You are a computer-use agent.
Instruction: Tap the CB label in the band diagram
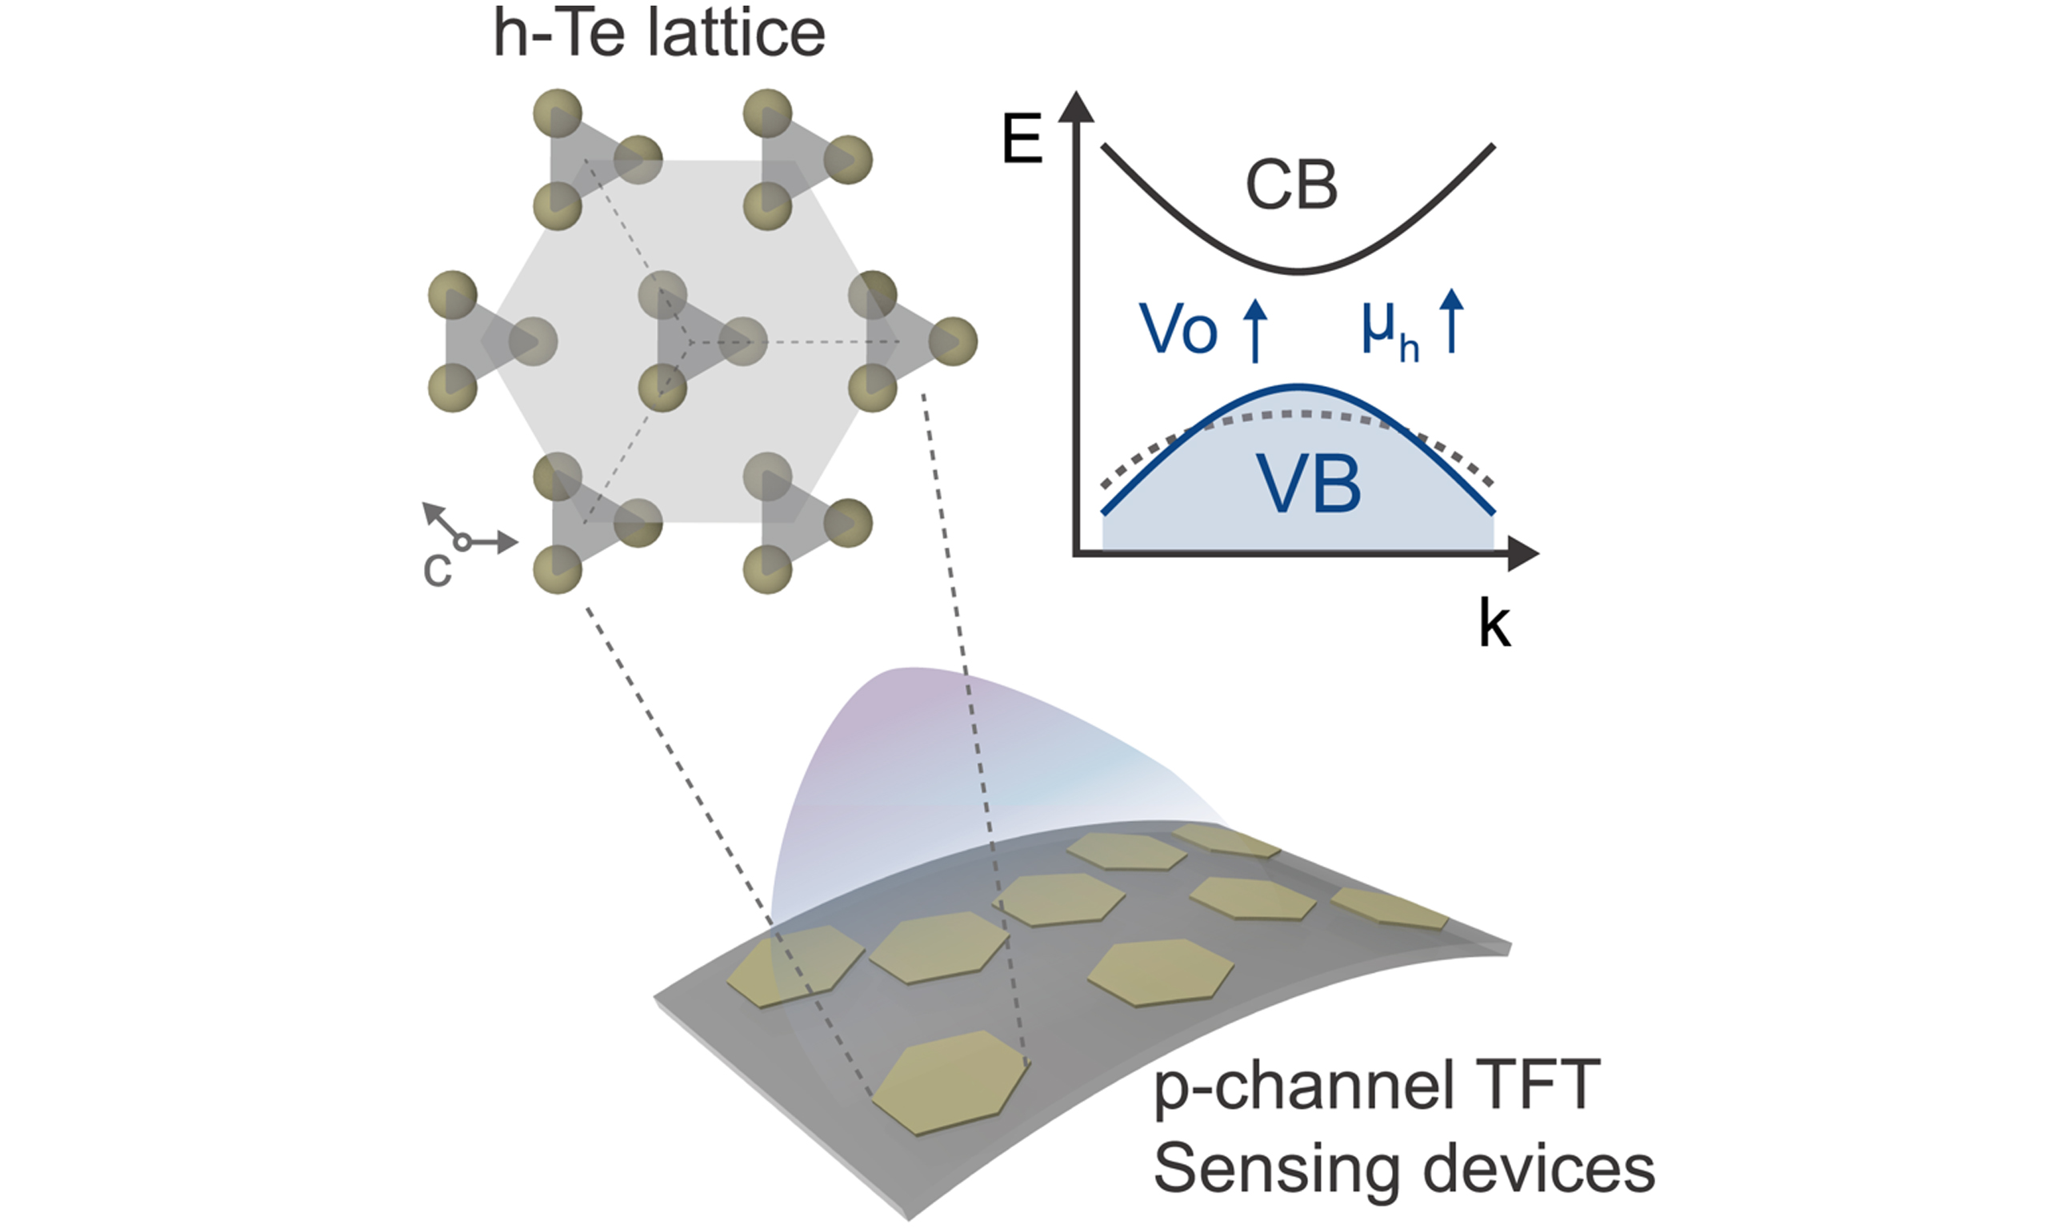[1290, 185]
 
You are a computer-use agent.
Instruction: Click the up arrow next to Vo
[1256, 330]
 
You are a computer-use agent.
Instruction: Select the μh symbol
[1390, 330]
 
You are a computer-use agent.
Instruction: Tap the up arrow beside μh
[1452, 323]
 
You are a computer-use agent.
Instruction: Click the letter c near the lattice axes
[437, 569]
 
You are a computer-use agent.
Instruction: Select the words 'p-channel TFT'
[1376, 1085]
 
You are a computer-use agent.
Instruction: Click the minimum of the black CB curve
[1298, 271]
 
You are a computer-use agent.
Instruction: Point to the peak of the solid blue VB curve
[1298, 386]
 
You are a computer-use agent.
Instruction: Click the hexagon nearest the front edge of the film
[950, 1082]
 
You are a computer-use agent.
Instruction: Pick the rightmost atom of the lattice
[953, 341]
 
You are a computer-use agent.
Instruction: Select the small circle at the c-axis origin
[462, 542]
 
